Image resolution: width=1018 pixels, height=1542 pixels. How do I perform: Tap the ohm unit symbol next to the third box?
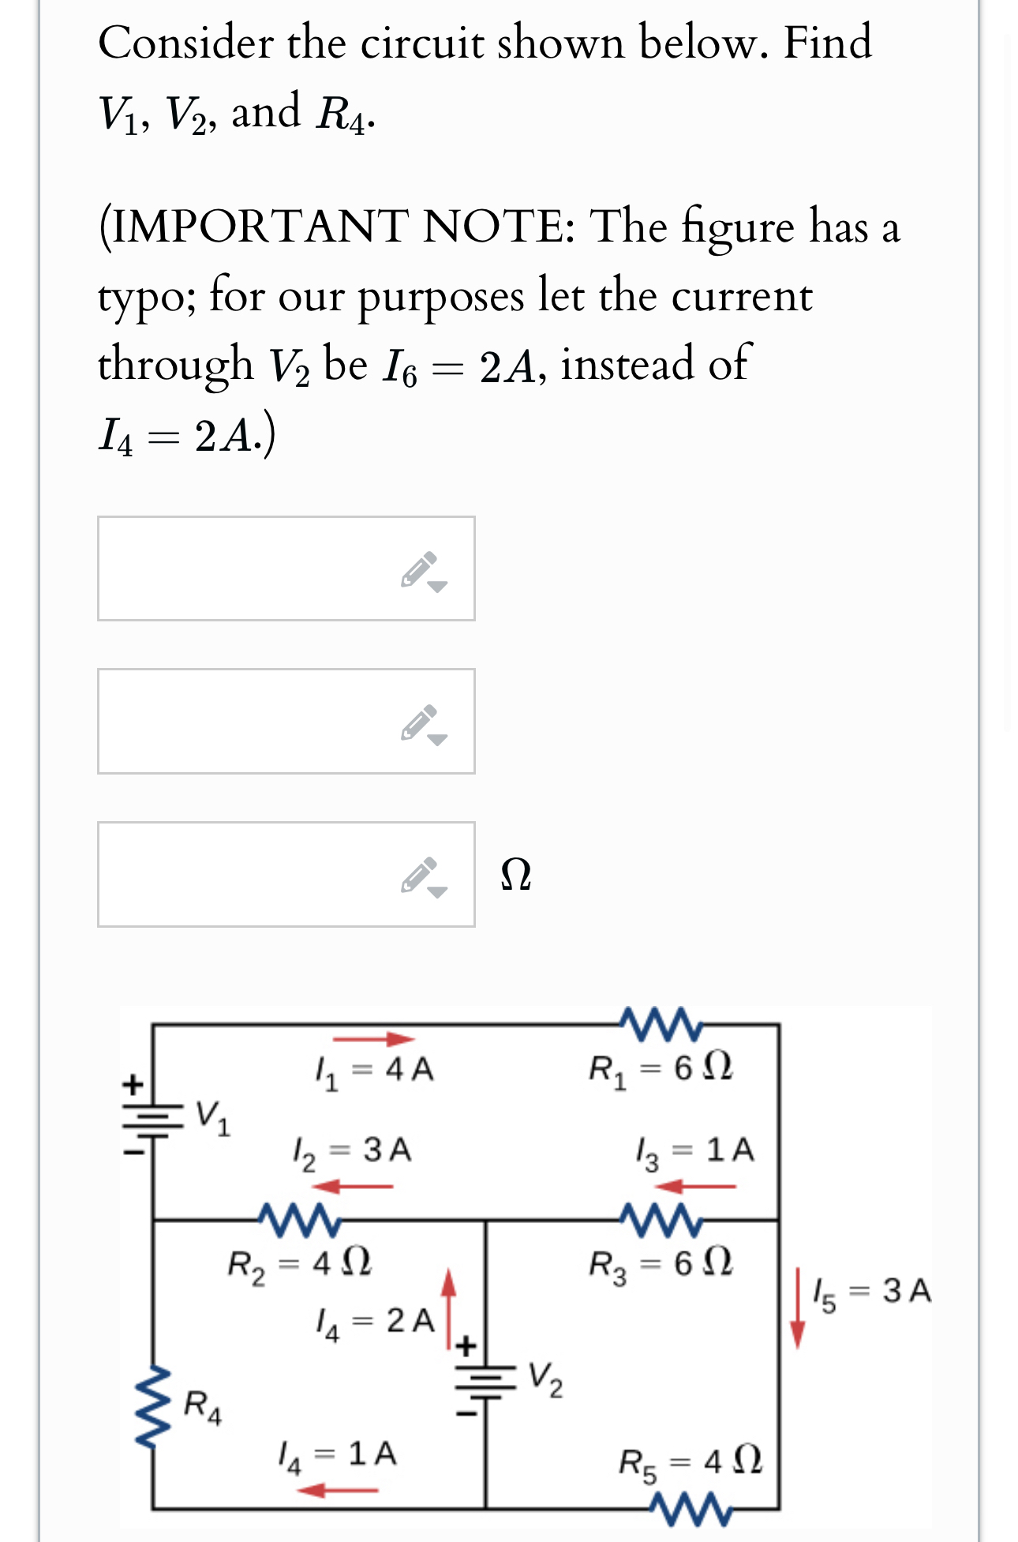pyautogui.click(x=516, y=875)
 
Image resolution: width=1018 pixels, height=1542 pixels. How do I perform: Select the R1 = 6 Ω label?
pyautogui.click(x=661, y=1069)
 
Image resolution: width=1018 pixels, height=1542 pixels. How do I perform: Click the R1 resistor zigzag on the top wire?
pyautogui.click(x=661, y=1024)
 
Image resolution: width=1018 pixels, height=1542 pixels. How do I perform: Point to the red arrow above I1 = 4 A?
pyautogui.click(x=373, y=1039)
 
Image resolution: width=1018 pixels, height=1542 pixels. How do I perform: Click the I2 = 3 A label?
pyautogui.click(x=352, y=1151)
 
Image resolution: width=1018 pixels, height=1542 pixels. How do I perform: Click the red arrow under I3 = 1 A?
pyautogui.click(x=696, y=1186)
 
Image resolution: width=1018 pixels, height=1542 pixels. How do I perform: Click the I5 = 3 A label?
pyautogui.click(x=873, y=1292)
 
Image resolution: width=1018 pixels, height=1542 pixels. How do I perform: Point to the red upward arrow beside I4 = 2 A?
pyautogui.click(x=448, y=1307)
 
